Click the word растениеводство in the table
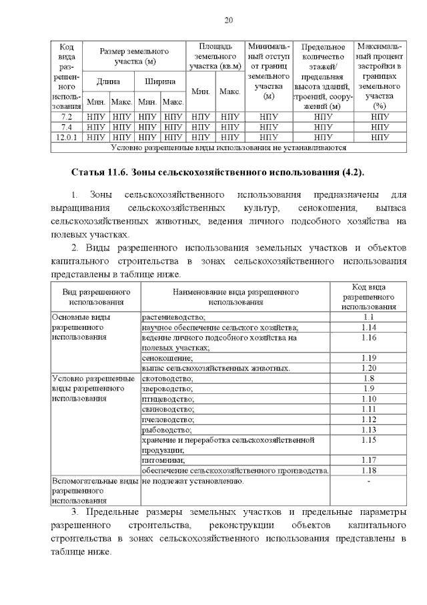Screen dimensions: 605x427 (174, 317)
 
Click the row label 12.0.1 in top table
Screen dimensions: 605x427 (66, 137)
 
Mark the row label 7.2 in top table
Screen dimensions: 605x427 (66, 116)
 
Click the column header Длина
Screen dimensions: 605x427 (108, 81)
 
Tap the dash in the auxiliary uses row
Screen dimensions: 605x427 (369, 481)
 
